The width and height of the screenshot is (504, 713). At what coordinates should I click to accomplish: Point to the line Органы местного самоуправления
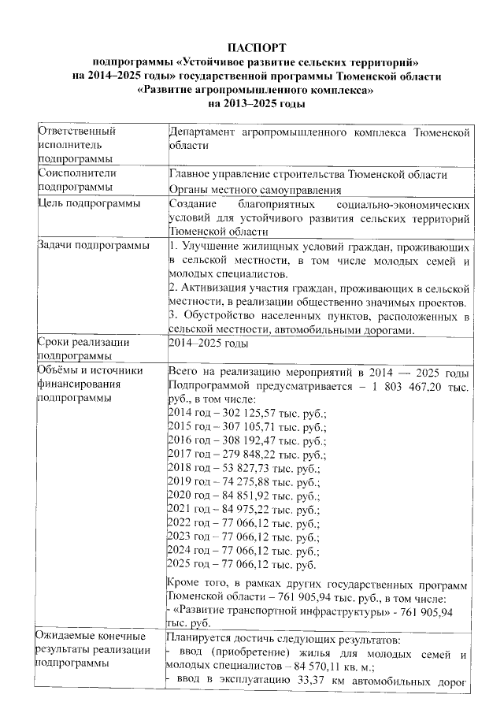(x=254, y=190)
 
